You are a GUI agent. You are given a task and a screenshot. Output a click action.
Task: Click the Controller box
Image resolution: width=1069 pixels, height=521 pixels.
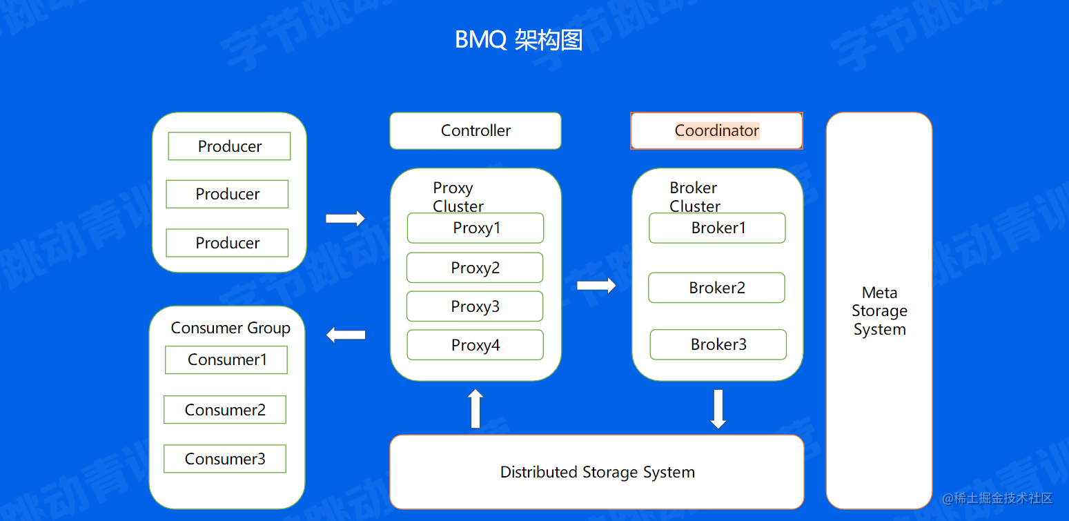(x=475, y=130)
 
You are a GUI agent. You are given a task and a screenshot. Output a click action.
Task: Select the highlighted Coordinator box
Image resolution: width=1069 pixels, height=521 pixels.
(x=716, y=130)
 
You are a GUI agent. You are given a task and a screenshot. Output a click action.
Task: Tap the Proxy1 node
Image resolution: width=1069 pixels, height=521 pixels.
(x=475, y=228)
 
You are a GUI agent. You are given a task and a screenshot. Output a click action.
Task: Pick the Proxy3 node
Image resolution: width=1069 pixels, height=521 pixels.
(x=475, y=306)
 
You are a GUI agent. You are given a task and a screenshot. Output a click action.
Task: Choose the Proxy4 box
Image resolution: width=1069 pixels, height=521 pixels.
(x=475, y=345)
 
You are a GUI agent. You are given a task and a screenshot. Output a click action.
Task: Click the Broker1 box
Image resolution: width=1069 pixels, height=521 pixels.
(x=718, y=228)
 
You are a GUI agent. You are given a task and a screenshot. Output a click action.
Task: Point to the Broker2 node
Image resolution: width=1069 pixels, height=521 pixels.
(x=716, y=288)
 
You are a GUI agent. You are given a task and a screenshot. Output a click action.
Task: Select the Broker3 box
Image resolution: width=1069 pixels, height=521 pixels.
(x=718, y=344)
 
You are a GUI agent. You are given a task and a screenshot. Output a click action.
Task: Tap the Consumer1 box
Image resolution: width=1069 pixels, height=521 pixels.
(x=226, y=360)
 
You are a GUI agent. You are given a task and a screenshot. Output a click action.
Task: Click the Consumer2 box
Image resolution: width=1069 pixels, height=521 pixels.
(x=225, y=410)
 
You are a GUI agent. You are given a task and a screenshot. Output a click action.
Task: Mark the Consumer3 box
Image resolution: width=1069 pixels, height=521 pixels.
(x=225, y=459)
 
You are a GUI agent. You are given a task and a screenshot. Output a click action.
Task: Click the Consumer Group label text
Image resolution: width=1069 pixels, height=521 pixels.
(x=231, y=328)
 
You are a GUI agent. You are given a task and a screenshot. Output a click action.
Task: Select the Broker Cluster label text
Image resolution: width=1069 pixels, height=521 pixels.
(x=694, y=197)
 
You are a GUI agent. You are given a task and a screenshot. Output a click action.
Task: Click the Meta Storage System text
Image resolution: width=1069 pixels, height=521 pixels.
(x=879, y=311)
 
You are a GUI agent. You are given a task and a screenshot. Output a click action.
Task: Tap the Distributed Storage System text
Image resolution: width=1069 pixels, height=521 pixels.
(x=597, y=472)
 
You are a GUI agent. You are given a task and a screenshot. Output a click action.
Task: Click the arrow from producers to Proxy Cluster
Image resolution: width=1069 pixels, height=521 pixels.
(x=345, y=219)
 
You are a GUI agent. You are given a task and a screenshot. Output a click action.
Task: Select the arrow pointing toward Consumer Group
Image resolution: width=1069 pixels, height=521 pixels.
(x=345, y=335)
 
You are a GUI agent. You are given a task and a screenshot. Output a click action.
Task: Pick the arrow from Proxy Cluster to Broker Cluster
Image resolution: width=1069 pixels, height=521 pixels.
(x=596, y=285)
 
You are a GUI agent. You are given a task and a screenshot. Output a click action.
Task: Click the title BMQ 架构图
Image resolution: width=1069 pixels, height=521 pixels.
(x=518, y=40)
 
